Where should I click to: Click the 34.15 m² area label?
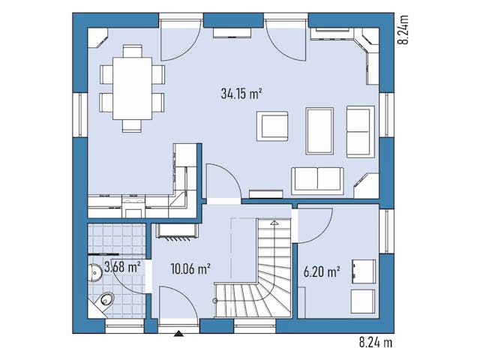point(241,93)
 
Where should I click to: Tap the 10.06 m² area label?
point(190,269)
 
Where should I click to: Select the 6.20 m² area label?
point(322,271)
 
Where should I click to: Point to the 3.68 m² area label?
point(122,267)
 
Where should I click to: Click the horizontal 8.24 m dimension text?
point(376,342)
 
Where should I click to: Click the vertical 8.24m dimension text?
point(403,29)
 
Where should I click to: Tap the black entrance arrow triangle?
point(178,333)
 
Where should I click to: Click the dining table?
point(132,88)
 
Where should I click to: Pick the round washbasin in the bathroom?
point(95,272)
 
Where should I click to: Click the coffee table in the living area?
point(319,130)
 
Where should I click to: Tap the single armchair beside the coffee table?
point(272,126)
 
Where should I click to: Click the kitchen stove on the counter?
point(133,205)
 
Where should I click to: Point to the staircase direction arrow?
point(274,223)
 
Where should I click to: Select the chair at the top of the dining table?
point(132,51)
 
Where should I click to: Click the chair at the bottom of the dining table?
point(132,126)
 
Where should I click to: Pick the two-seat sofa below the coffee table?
point(317,181)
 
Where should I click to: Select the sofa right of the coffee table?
point(361,132)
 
